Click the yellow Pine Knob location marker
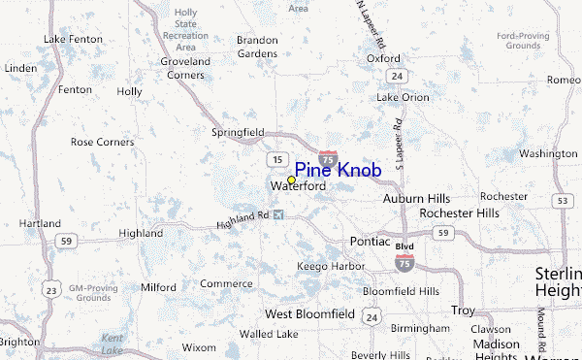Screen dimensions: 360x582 291,180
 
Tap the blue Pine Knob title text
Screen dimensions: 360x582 338,170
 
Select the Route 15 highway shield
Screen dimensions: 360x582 277,159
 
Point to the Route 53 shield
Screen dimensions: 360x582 563,200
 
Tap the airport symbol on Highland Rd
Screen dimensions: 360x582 280,214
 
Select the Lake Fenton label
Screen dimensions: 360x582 73,39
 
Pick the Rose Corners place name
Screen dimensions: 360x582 102,142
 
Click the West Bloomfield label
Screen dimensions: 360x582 307,314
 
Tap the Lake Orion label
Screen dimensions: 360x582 403,97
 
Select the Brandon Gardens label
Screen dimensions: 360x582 258,47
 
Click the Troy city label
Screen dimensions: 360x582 463,311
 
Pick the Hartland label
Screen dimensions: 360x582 40,223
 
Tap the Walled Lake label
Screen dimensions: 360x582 270,334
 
